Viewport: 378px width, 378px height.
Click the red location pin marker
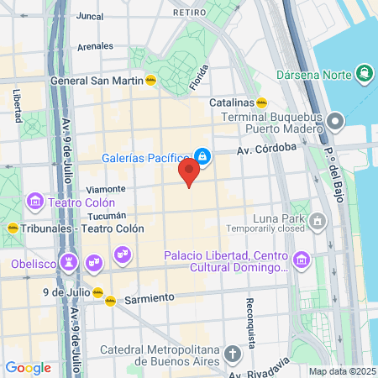click(188, 173)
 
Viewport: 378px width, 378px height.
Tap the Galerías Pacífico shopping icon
click(202, 156)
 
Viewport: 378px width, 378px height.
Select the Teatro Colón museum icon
click(35, 202)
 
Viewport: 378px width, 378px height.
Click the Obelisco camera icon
click(69, 263)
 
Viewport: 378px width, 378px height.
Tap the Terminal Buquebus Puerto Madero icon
click(336, 122)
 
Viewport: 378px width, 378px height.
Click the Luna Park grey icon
click(318, 222)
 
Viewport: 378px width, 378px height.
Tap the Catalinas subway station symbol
click(262, 104)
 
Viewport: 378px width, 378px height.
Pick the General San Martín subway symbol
click(150, 81)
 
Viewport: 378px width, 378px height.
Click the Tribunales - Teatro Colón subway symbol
click(13, 228)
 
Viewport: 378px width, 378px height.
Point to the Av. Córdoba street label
click(266, 149)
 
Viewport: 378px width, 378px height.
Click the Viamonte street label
click(106, 189)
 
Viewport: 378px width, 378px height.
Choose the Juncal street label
click(89, 15)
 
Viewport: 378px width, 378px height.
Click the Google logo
click(28, 367)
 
